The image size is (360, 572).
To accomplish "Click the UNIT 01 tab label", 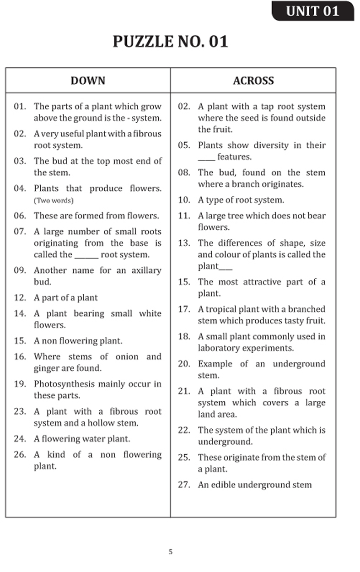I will point(313,11).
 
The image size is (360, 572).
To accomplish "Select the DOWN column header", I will point(88,81).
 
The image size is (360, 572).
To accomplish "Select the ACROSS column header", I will point(253,81).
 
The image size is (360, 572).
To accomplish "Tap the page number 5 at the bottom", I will point(171,552).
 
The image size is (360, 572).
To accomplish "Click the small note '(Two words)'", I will point(54,200).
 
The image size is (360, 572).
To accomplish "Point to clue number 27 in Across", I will point(183,485).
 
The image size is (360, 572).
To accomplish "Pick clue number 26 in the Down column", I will point(19,455).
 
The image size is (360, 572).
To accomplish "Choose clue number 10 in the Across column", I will point(183,200).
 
